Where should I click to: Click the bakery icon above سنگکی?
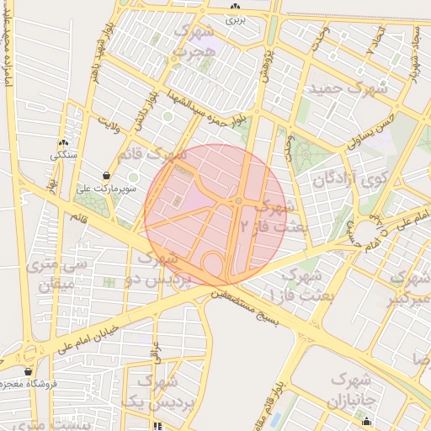click(x=63, y=142)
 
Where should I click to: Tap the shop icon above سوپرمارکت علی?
click(x=106, y=175)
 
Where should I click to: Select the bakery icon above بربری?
click(x=235, y=8)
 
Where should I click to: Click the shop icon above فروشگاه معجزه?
click(x=29, y=371)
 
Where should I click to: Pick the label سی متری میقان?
click(x=56, y=274)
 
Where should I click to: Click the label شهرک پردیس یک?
click(x=158, y=392)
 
